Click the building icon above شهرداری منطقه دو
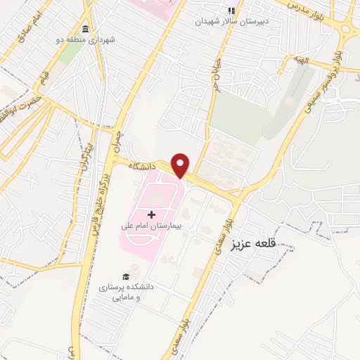(85, 29)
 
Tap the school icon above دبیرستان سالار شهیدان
(231, 11)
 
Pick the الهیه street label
(302, 62)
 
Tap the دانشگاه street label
(143, 167)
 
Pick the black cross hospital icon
(151, 214)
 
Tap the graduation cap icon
(126, 276)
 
